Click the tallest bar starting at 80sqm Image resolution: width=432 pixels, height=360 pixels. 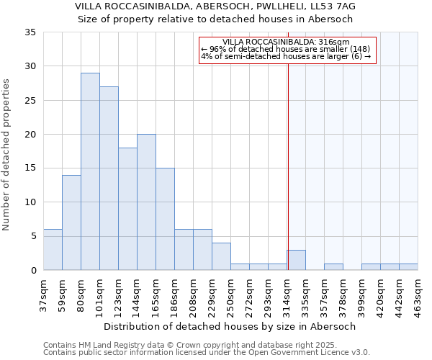(90, 171)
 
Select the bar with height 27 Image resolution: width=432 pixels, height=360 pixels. (109, 178)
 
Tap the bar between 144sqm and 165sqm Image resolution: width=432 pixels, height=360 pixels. (146, 202)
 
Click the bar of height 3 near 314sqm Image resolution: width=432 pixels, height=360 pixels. (296, 260)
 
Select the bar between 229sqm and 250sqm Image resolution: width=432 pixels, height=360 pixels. (221, 256)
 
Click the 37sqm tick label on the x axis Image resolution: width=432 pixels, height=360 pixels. (43, 294)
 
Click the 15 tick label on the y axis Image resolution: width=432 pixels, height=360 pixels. (30, 168)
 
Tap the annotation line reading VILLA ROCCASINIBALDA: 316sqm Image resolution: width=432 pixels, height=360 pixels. (287, 42)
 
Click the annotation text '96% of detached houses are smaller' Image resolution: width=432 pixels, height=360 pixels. (287, 49)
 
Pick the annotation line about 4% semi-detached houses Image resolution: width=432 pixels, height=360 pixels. (287, 57)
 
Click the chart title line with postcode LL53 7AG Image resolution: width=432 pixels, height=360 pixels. (215, 6)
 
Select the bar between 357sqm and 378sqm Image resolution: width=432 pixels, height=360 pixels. (333, 266)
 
